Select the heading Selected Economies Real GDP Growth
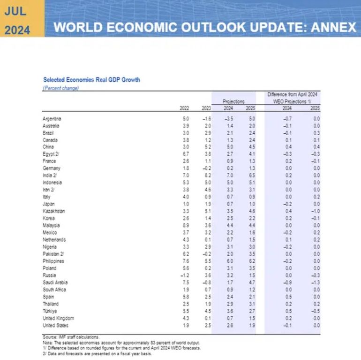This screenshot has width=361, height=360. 91,80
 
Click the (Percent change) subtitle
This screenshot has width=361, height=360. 61,88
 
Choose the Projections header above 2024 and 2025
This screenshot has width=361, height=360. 233,101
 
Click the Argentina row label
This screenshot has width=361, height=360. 52,119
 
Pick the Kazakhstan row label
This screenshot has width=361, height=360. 53,211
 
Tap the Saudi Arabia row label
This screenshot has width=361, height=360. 55,283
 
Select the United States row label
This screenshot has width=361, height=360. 55,325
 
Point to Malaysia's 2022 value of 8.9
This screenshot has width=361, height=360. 186,225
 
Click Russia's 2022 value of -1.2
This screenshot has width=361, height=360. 185,276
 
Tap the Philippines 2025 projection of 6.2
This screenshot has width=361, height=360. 252,261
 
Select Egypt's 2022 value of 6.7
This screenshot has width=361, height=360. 186,154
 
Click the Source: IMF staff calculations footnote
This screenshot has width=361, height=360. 71,337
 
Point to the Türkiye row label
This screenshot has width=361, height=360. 50,311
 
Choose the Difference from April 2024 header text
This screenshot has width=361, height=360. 293,94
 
